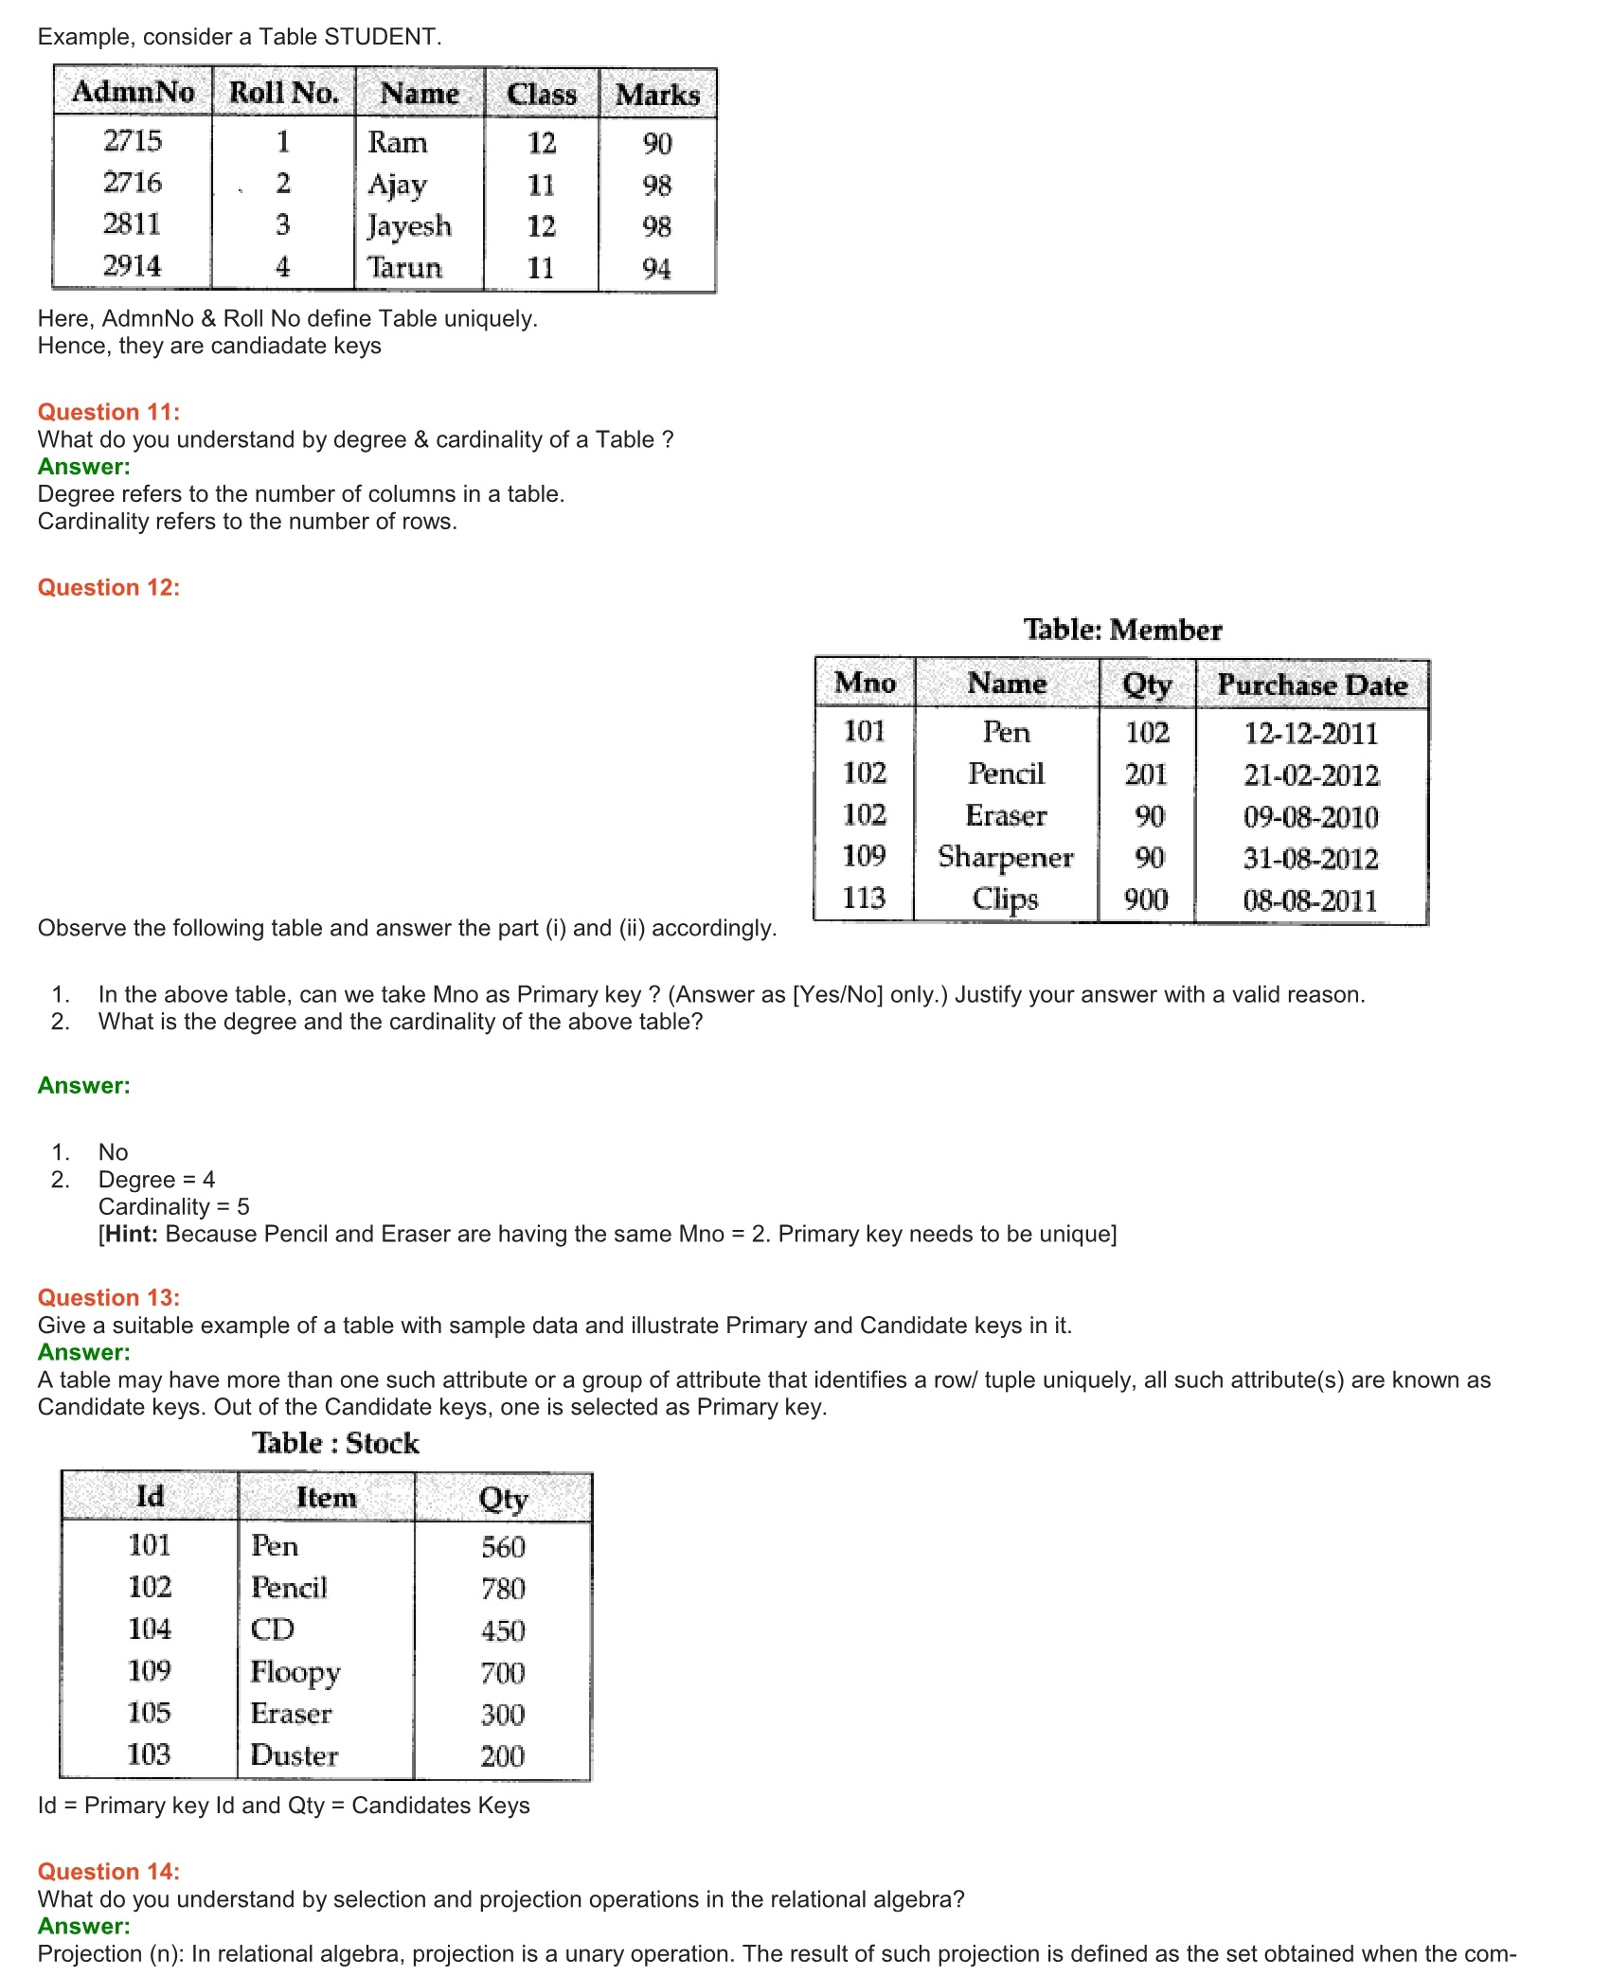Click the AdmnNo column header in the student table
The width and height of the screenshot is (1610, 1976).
coord(134,92)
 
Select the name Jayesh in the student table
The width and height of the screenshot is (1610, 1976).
coord(409,226)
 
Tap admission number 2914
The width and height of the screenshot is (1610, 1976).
coord(132,266)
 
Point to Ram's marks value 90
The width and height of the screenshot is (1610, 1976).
coord(657,144)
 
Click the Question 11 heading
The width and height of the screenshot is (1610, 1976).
coord(109,412)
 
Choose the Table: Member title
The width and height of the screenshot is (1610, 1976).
coord(1122,630)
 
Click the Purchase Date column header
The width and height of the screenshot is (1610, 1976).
coord(1312,685)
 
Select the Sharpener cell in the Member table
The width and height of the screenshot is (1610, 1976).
coord(1006,857)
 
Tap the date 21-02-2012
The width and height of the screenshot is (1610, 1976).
coord(1312,775)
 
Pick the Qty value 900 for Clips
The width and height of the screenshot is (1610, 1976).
coord(1146,899)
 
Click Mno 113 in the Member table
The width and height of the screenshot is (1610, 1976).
coord(864,898)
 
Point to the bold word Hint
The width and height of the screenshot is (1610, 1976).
coord(132,1234)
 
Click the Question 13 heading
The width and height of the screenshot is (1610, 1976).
coord(109,1297)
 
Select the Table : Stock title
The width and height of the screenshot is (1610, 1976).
coord(335,1443)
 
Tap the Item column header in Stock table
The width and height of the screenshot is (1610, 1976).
coord(327,1497)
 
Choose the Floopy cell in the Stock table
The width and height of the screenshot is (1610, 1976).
coord(295,1672)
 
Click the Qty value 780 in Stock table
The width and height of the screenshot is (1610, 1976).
coord(503,1589)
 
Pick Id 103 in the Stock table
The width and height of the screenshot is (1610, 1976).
coord(150,1754)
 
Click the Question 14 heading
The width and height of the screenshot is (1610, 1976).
coord(109,1871)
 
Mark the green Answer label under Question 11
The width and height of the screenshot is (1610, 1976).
coord(84,467)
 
